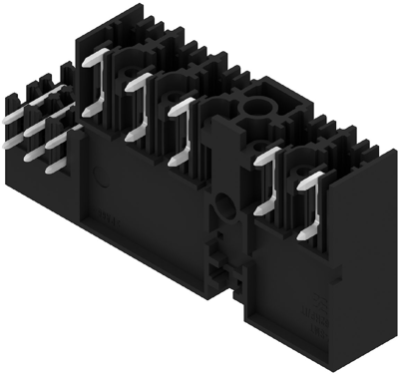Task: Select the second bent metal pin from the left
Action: point(138,105)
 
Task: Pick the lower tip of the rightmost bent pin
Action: point(302,232)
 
